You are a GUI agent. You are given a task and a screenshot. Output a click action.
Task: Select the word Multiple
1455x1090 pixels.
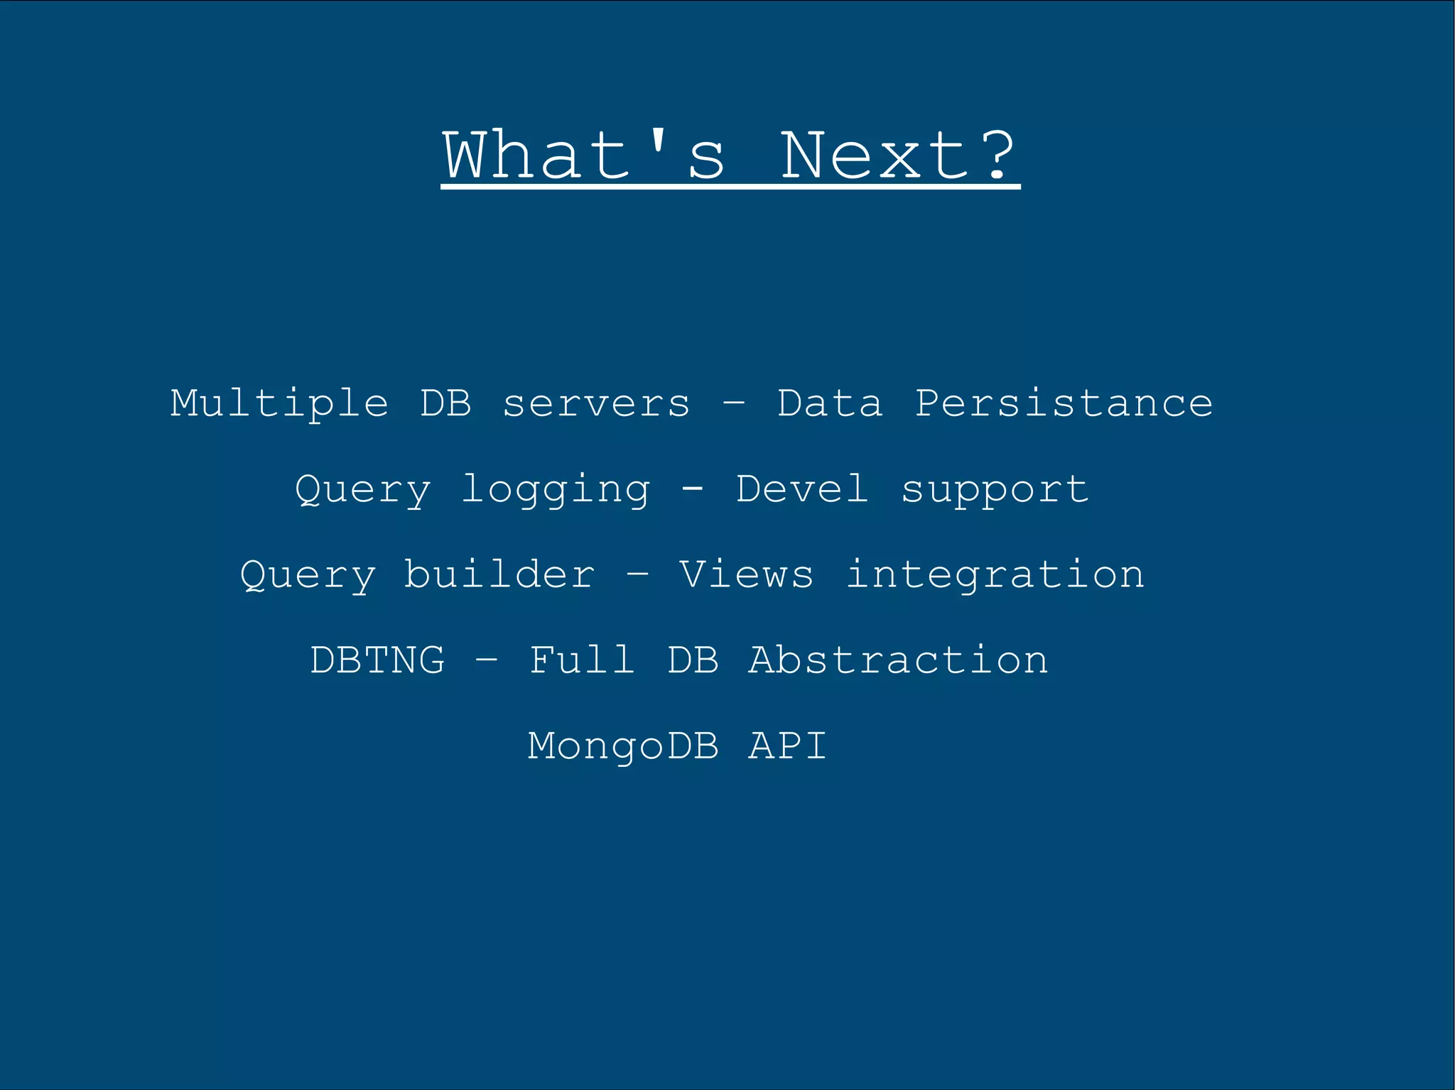pos(279,405)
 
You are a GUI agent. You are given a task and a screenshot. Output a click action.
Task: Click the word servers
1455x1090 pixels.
pos(596,404)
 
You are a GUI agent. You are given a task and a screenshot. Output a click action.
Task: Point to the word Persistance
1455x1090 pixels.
pos(1064,403)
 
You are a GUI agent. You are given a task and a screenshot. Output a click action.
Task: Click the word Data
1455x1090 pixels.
pos(830,403)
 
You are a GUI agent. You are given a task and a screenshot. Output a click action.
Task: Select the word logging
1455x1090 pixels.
pos(556,491)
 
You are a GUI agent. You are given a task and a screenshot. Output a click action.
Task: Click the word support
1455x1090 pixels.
pos(995,491)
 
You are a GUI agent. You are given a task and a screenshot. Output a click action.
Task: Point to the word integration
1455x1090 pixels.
pos(995,575)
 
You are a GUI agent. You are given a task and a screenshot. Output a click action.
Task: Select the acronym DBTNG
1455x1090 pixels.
pos(377,660)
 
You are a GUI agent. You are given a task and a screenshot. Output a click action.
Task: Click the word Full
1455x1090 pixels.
pos(582,660)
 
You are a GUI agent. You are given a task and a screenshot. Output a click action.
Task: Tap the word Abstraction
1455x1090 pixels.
pos(899,660)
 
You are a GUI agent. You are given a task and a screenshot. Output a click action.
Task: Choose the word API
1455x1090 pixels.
pos(787,746)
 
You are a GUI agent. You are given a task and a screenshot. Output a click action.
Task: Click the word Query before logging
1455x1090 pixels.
pos(363,491)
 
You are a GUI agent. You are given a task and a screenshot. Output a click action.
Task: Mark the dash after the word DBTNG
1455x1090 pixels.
pos(487,661)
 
